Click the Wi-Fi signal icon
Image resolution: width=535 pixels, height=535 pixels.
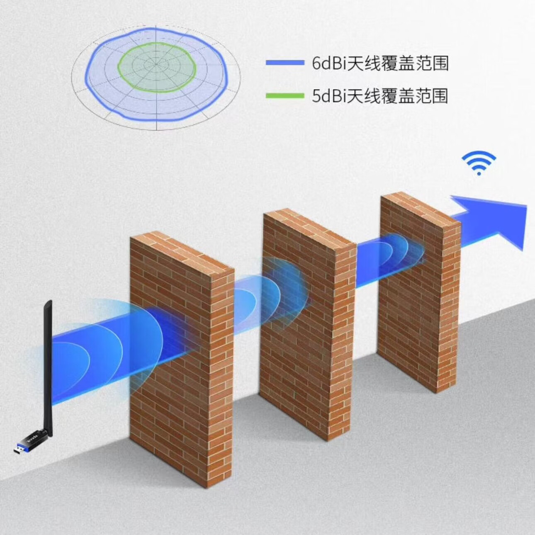coord(479,163)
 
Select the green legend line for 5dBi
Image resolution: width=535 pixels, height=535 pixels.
coord(285,96)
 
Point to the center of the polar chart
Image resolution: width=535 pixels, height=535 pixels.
coord(156,65)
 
